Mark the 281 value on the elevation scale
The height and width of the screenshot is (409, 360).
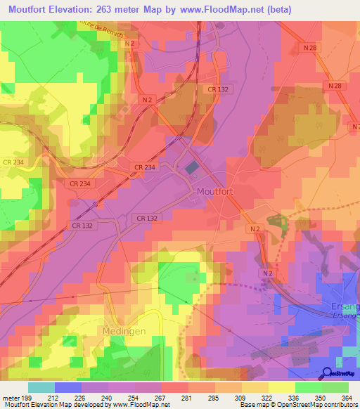(187, 398)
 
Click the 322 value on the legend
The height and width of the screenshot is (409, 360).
(266, 398)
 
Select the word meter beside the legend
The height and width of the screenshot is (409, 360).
(11, 398)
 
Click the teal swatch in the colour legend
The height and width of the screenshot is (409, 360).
(41, 387)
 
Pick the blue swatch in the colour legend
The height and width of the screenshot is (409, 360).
(67, 387)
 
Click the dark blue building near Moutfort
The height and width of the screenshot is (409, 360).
(192, 169)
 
